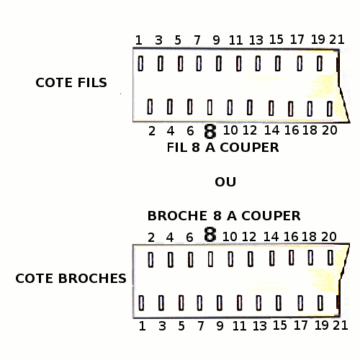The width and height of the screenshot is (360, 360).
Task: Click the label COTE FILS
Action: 71,83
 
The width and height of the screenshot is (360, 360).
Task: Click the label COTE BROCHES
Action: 71,279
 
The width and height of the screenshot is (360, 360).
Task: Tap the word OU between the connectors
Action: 225,182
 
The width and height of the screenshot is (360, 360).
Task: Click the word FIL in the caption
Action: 177,148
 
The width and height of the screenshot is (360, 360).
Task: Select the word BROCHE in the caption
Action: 177,216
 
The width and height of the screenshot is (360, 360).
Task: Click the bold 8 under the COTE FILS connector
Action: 210,131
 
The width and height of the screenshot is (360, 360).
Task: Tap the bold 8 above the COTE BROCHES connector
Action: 210,235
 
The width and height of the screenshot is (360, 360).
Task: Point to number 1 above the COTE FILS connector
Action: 139,40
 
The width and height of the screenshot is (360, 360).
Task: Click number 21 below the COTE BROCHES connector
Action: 341,325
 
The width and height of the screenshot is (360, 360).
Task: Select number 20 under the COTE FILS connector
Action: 330,130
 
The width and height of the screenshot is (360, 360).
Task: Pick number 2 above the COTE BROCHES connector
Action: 151,238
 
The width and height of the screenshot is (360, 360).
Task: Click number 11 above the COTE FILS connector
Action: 235,40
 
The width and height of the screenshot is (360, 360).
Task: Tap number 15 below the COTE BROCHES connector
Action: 280,325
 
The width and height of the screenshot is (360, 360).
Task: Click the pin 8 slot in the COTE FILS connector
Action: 210,107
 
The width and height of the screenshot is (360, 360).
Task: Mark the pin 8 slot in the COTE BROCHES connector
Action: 210,259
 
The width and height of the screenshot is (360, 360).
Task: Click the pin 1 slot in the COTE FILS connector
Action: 140,63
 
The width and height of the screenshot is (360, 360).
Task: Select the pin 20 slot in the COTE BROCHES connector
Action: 330,258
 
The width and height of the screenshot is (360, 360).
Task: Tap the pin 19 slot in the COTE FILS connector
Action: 320,63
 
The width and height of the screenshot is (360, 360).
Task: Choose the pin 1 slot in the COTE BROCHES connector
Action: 141,303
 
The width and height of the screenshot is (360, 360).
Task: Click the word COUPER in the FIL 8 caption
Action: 249,148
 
